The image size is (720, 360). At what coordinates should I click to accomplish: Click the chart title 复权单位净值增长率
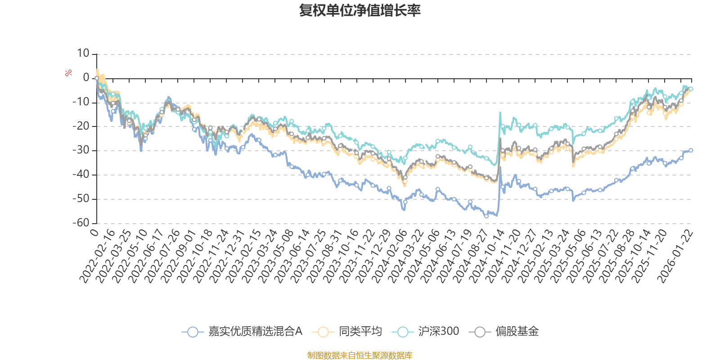pos(360,10)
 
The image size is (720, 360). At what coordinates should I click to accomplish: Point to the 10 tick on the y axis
pos(83,54)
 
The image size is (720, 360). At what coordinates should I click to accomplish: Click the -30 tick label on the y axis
pos(81,150)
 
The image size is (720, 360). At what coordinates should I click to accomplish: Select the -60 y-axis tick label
pos(81,223)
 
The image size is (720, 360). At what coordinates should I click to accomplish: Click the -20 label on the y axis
pos(81,126)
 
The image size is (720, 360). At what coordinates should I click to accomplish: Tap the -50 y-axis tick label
pos(81,198)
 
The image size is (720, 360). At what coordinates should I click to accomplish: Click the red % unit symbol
pos(68,73)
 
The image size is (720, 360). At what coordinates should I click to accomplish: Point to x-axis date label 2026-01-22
pos(675,256)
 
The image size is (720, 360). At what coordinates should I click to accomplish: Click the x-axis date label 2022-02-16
pos(97,256)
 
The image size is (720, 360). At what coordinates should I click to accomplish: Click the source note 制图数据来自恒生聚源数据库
pos(360,355)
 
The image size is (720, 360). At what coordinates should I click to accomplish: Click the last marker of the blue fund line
pos(691,150)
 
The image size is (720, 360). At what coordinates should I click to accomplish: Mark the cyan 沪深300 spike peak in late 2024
pos(500,112)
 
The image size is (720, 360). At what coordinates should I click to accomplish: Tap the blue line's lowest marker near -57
pos(486,216)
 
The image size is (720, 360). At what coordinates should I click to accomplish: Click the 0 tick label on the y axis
pos(86,78)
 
